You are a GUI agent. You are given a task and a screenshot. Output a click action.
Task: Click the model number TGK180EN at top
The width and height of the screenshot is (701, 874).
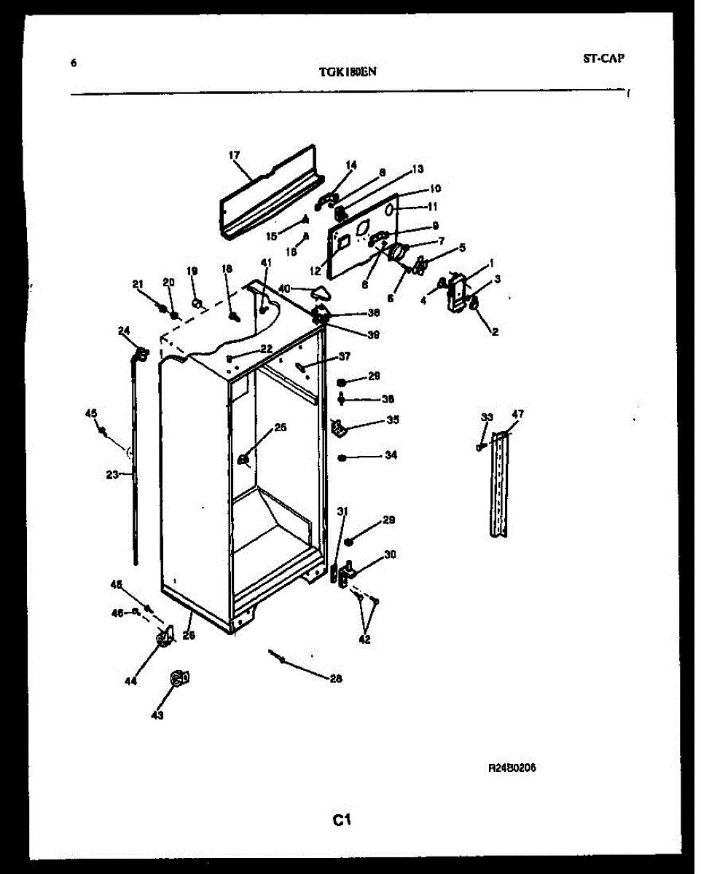click(x=348, y=71)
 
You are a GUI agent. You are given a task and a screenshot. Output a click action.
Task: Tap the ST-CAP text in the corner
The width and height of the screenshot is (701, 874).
click(x=603, y=58)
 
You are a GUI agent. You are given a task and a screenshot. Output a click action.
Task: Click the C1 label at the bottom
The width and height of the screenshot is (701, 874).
click(x=342, y=821)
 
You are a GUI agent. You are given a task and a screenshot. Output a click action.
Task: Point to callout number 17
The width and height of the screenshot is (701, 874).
click(x=234, y=155)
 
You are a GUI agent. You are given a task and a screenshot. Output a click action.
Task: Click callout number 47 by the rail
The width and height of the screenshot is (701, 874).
click(x=517, y=415)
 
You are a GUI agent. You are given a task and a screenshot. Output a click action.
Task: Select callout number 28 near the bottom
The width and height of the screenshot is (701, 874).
click(x=336, y=679)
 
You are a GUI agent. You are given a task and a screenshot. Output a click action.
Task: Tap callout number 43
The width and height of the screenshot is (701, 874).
click(x=157, y=715)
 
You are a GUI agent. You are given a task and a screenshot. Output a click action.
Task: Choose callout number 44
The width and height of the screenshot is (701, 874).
click(x=130, y=682)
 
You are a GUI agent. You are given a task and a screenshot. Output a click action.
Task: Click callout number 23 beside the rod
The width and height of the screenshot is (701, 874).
click(x=111, y=475)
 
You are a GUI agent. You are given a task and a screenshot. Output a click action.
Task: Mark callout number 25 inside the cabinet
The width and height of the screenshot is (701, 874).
click(x=280, y=428)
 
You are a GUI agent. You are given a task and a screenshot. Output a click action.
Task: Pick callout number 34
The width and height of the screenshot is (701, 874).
click(x=391, y=456)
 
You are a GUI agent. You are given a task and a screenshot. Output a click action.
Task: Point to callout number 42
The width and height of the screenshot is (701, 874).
click(x=364, y=640)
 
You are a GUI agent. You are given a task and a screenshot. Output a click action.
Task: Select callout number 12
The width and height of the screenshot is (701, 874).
click(x=315, y=270)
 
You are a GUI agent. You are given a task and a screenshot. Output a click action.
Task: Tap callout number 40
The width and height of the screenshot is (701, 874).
click(x=283, y=288)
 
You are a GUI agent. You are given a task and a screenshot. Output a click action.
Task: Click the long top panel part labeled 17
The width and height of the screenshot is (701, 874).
click(x=270, y=189)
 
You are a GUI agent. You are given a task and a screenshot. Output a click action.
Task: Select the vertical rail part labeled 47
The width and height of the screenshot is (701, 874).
click(x=499, y=484)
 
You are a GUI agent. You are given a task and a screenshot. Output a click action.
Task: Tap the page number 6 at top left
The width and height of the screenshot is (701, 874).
click(x=73, y=63)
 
